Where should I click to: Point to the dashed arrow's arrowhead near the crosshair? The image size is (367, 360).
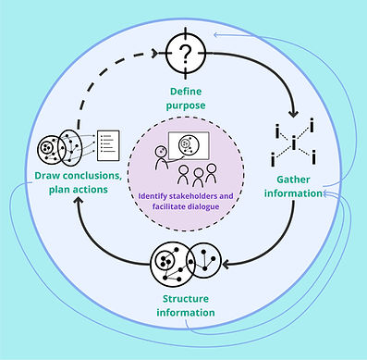tap(151, 54)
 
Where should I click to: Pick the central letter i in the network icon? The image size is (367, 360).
tap(294, 143)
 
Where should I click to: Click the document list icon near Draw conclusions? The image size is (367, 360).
tap(108, 144)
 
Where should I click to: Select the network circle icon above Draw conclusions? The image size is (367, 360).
tap(56, 148)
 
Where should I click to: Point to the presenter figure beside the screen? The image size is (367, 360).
tap(163, 158)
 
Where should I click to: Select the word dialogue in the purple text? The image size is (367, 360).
tap(212, 208)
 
